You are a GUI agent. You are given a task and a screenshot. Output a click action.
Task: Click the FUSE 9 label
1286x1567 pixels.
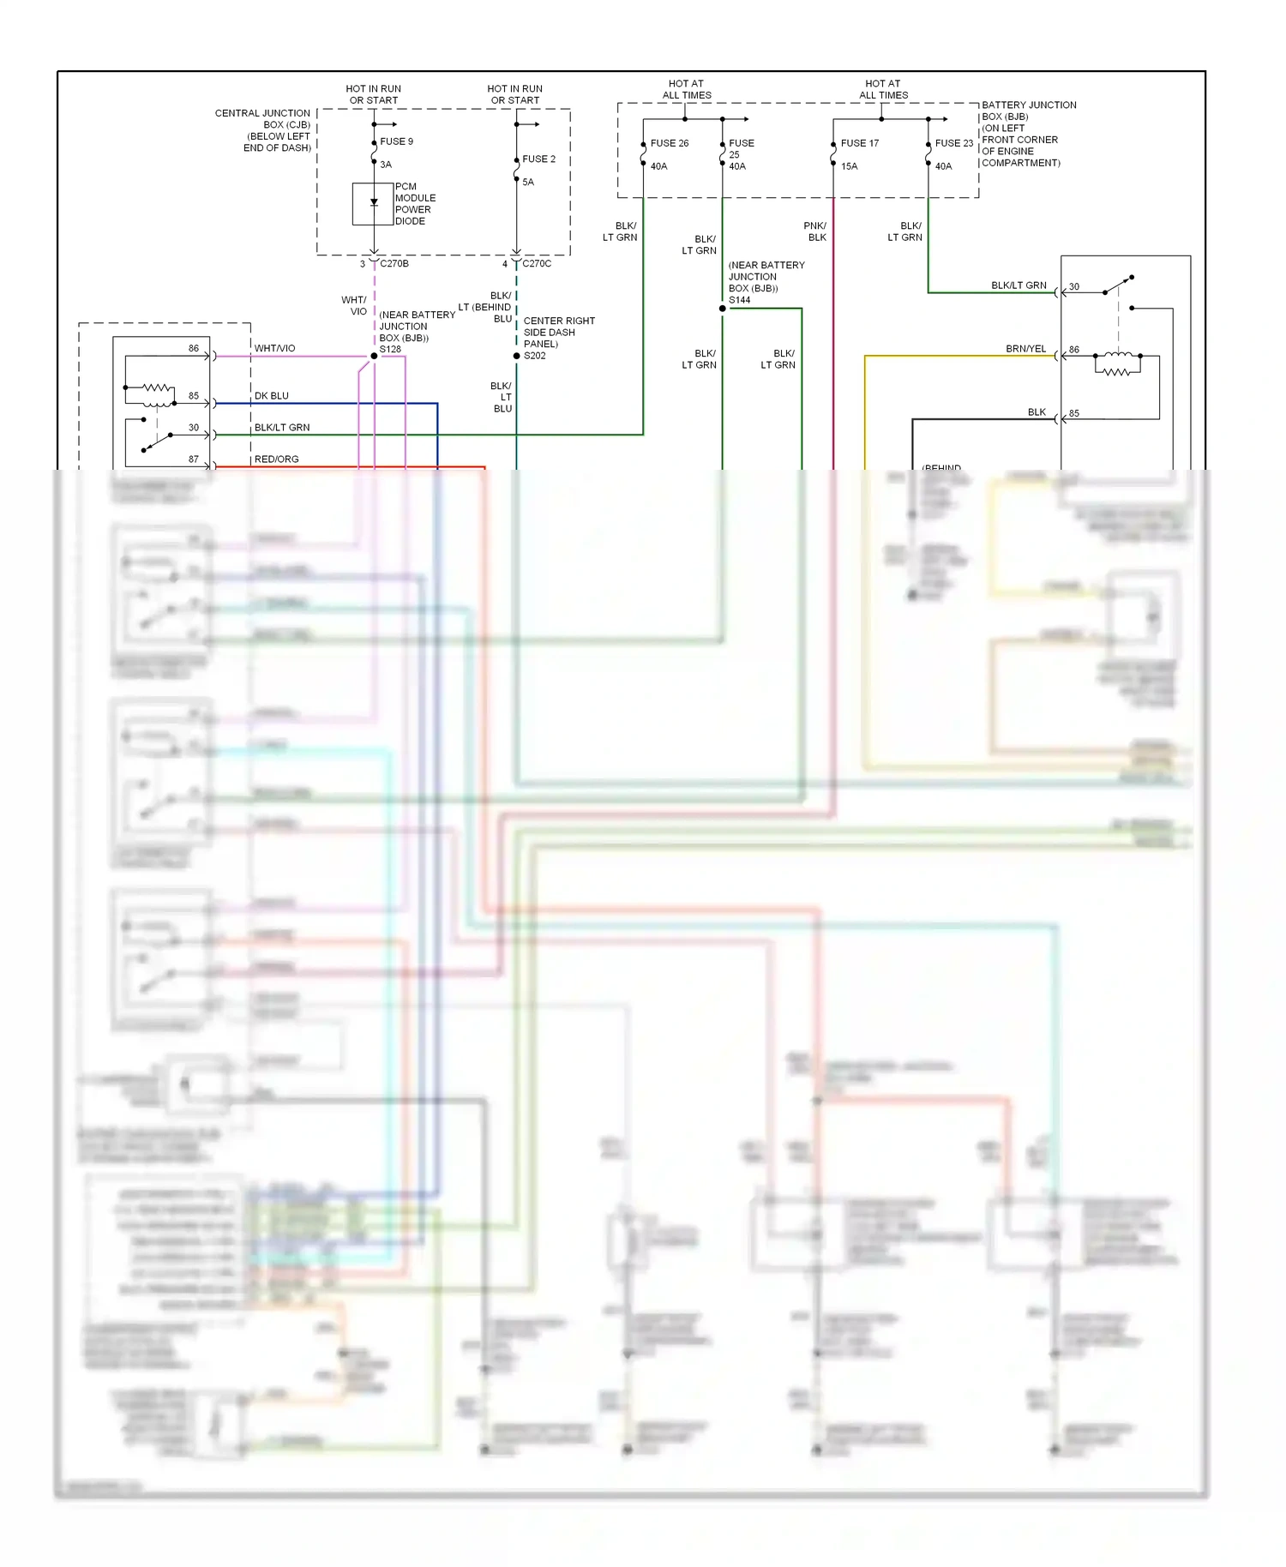[x=396, y=141]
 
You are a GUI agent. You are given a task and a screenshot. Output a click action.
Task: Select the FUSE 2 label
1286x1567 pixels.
[x=538, y=159]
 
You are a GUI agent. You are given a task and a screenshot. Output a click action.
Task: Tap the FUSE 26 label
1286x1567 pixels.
[x=669, y=143]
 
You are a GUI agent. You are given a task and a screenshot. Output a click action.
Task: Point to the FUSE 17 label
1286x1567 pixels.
[x=859, y=143]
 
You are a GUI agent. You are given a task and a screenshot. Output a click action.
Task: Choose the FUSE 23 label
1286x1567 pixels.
[x=953, y=143]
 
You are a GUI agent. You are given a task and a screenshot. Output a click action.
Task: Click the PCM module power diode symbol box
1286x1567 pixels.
[x=373, y=204]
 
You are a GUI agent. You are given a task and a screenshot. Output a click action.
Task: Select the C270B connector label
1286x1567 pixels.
[x=394, y=264]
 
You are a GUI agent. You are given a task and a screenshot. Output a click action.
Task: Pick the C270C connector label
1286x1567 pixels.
[x=537, y=264]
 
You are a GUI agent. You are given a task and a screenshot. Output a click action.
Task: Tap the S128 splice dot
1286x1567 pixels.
[x=374, y=356]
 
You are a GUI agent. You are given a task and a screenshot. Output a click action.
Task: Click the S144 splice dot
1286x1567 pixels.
[x=723, y=309]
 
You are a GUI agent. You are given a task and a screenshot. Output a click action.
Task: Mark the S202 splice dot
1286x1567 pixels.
[x=516, y=356]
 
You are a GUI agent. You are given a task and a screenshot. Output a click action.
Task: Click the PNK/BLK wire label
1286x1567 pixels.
[x=815, y=231]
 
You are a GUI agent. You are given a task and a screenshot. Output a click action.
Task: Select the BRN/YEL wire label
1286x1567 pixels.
[x=1025, y=349]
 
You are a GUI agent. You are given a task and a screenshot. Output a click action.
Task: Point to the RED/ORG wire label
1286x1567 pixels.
[x=276, y=459]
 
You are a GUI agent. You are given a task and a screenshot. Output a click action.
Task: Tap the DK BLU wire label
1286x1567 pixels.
[x=271, y=396]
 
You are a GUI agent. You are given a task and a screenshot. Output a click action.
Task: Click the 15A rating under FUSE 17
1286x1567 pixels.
[x=849, y=166]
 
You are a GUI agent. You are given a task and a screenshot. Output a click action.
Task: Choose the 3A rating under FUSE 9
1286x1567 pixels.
[x=386, y=165]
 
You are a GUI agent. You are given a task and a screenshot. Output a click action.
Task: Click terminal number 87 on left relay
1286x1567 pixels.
[x=194, y=459]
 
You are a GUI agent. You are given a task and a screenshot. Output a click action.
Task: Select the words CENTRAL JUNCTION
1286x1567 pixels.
[x=262, y=113]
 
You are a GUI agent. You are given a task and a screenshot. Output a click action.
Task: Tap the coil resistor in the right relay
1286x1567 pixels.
[x=1116, y=372]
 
